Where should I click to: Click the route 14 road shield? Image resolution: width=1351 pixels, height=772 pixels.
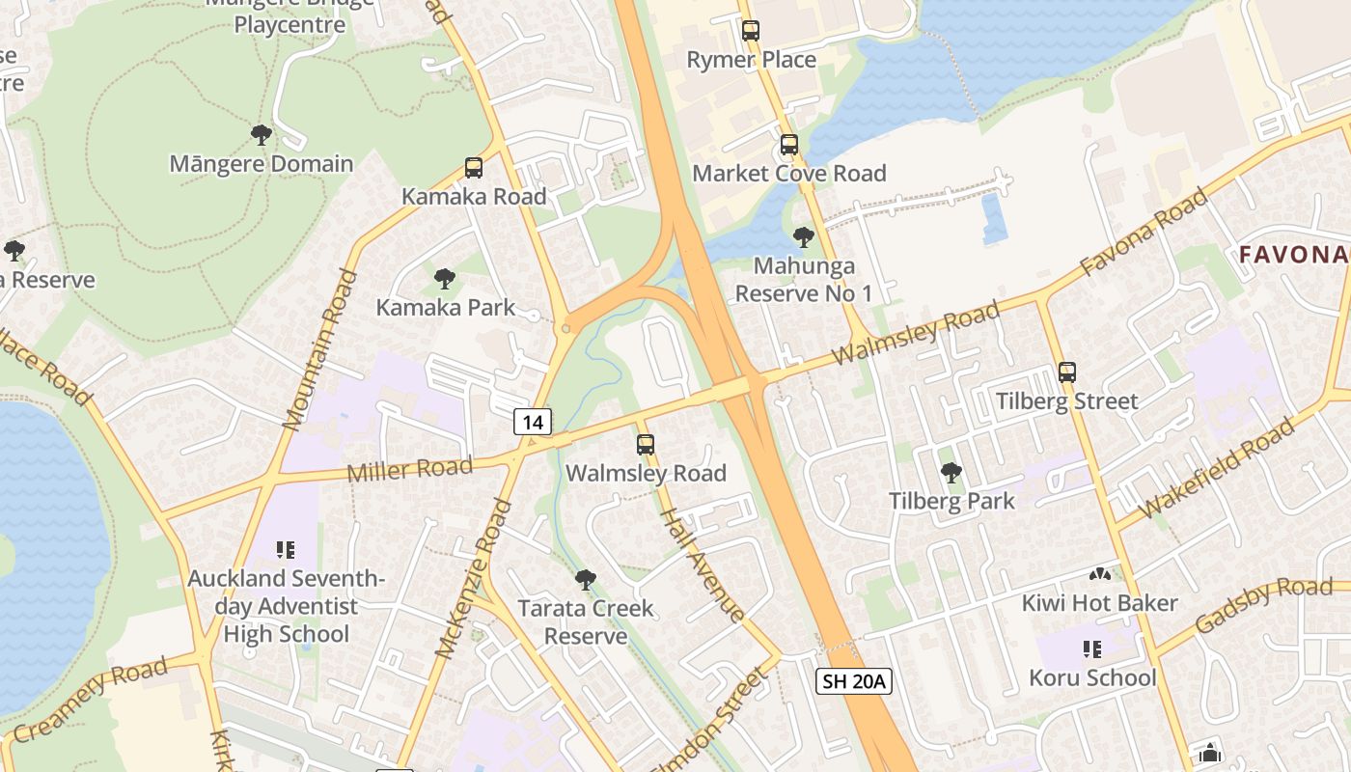tap(533, 421)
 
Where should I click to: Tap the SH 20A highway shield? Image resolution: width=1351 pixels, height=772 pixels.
tap(853, 681)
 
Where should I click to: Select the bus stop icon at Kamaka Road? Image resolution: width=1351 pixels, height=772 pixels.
tap(473, 168)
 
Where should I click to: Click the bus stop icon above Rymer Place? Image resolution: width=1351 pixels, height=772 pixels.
tap(751, 31)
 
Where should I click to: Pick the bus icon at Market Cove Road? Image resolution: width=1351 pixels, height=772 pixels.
tap(789, 145)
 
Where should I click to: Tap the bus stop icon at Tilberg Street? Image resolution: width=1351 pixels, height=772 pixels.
tap(1066, 372)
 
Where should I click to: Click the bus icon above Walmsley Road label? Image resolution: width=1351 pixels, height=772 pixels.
tap(646, 445)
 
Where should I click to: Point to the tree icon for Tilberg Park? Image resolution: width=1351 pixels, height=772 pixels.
tap(951, 472)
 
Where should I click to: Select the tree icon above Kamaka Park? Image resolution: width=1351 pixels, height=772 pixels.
tap(444, 279)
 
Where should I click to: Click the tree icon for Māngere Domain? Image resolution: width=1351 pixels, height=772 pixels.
tap(261, 134)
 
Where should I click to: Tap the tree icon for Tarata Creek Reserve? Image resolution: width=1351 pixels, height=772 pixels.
tap(585, 579)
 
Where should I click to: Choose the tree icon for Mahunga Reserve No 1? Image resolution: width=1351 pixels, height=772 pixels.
tap(803, 236)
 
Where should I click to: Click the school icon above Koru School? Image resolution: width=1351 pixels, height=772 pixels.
tap(1092, 649)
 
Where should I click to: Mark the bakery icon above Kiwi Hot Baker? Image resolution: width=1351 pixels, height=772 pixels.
tap(1099, 574)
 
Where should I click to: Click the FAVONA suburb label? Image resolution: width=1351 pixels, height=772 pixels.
tap(1293, 255)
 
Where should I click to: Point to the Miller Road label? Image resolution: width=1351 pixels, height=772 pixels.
tap(409, 470)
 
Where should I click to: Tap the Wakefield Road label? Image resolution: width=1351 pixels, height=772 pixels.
tap(1217, 467)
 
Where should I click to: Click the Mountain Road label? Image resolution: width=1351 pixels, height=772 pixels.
tap(320, 348)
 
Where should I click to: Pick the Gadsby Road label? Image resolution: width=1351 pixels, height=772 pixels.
tap(1263, 605)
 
